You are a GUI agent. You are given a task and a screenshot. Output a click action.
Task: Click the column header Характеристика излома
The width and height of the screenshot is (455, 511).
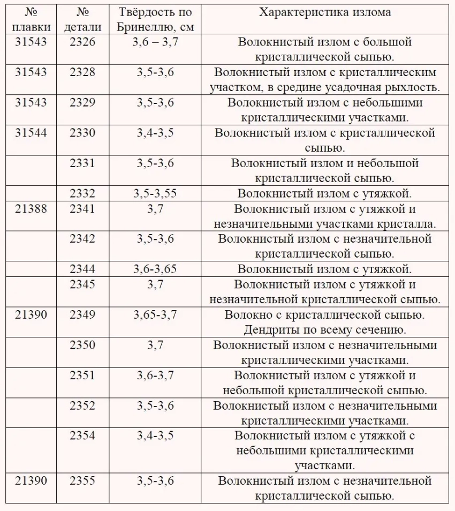click(325, 12)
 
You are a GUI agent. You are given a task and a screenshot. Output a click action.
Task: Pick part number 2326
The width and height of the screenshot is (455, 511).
click(82, 42)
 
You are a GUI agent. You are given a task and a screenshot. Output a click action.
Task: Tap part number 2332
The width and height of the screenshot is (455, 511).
click(82, 193)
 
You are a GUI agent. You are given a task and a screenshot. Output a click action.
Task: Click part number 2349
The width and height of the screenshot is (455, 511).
click(82, 315)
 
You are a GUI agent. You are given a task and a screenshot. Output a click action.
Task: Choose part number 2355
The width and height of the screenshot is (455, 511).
click(82, 481)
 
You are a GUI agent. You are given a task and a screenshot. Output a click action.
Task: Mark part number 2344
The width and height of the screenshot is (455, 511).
click(82, 269)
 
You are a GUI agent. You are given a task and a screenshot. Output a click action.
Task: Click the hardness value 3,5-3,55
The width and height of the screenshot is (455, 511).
click(155, 193)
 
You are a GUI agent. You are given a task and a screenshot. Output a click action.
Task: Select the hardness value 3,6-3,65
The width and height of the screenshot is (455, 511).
click(155, 269)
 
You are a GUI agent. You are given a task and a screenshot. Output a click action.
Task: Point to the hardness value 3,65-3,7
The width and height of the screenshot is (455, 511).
click(155, 315)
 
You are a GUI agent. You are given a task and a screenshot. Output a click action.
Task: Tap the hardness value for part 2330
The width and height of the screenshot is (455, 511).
click(155, 133)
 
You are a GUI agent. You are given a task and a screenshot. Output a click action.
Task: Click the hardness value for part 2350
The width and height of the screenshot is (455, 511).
click(155, 345)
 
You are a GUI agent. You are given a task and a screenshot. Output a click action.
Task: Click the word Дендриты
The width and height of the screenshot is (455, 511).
click(272, 330)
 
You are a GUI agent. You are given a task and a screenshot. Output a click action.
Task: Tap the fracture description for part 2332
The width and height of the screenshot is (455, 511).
click(324, 193)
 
